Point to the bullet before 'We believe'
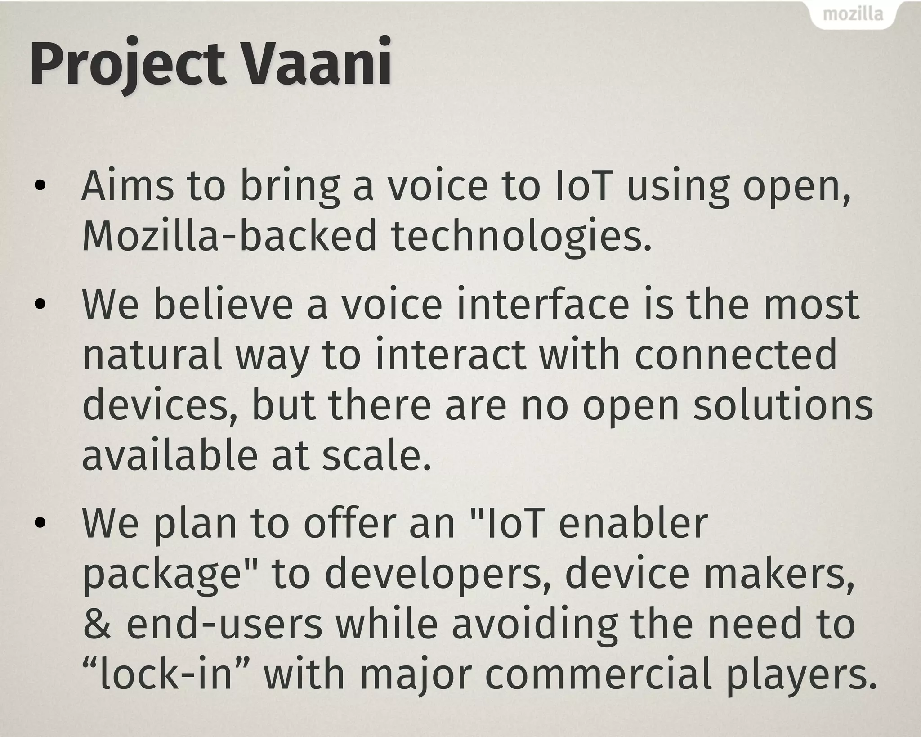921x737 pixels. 40,304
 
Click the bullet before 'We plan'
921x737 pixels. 40,522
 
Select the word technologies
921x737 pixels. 521,237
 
